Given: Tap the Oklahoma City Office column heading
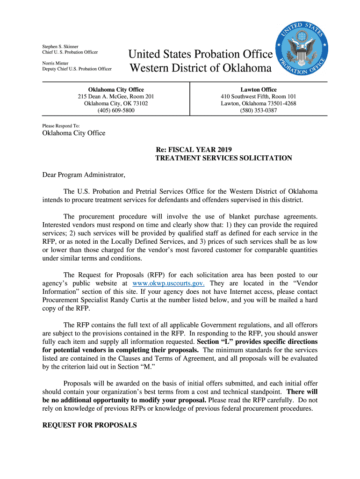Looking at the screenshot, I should coord(116,89).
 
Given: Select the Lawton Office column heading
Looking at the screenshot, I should coord(259,89).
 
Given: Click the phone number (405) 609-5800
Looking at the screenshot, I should coord(116,110).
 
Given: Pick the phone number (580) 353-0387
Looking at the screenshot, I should coord(259,110).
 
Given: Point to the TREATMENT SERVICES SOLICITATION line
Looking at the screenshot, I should coord(223,158).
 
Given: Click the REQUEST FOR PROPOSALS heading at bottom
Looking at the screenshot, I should coord(89,425).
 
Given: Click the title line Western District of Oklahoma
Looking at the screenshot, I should coord(200,68).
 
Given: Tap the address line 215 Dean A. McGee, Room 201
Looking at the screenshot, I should coord(116,96).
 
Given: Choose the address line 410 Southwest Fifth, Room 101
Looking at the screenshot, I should coord(259,96).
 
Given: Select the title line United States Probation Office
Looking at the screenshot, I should coord(201,54).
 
